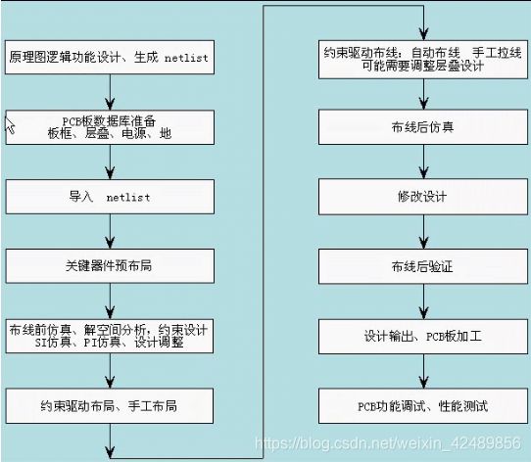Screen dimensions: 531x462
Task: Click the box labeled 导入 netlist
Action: point(110,197)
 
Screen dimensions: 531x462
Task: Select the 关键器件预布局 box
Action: point(110,266)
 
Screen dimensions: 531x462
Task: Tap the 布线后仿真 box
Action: point(423,127)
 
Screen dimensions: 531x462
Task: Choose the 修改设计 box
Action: point(423,197)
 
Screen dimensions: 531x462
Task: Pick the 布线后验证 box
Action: point(423,266)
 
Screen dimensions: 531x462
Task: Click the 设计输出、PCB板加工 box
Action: point(423,337)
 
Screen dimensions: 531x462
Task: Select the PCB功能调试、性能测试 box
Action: point(423,406)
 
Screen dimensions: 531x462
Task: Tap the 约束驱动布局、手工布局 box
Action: point(110,406)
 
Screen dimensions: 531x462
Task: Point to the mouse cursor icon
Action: point(10,125)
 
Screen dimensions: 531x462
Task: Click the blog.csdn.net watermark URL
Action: point(388,443)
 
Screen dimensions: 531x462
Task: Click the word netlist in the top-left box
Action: point(186,58)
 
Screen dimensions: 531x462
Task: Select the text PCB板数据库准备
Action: point(109,120)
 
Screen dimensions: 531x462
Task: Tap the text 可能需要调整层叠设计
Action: point(422,66)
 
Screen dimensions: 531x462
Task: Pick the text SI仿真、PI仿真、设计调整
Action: point(109,343)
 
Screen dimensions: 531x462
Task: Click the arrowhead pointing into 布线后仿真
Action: point(423,103)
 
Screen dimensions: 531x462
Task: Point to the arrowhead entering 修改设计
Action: point(423,172)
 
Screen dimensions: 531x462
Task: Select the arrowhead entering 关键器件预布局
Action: point(110,243)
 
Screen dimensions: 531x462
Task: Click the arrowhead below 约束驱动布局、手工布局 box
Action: point(110,452)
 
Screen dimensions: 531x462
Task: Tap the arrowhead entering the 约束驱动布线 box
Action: point(423,34)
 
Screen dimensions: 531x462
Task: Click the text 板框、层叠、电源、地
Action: point(110,134)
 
